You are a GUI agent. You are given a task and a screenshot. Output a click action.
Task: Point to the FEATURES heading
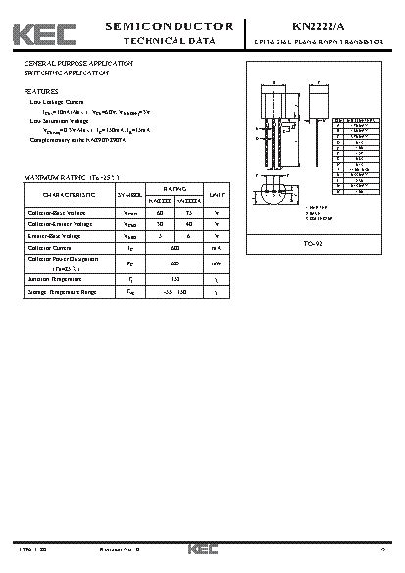(x=40, y=90)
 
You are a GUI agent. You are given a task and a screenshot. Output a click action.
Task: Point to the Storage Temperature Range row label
(x=62, y=291)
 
